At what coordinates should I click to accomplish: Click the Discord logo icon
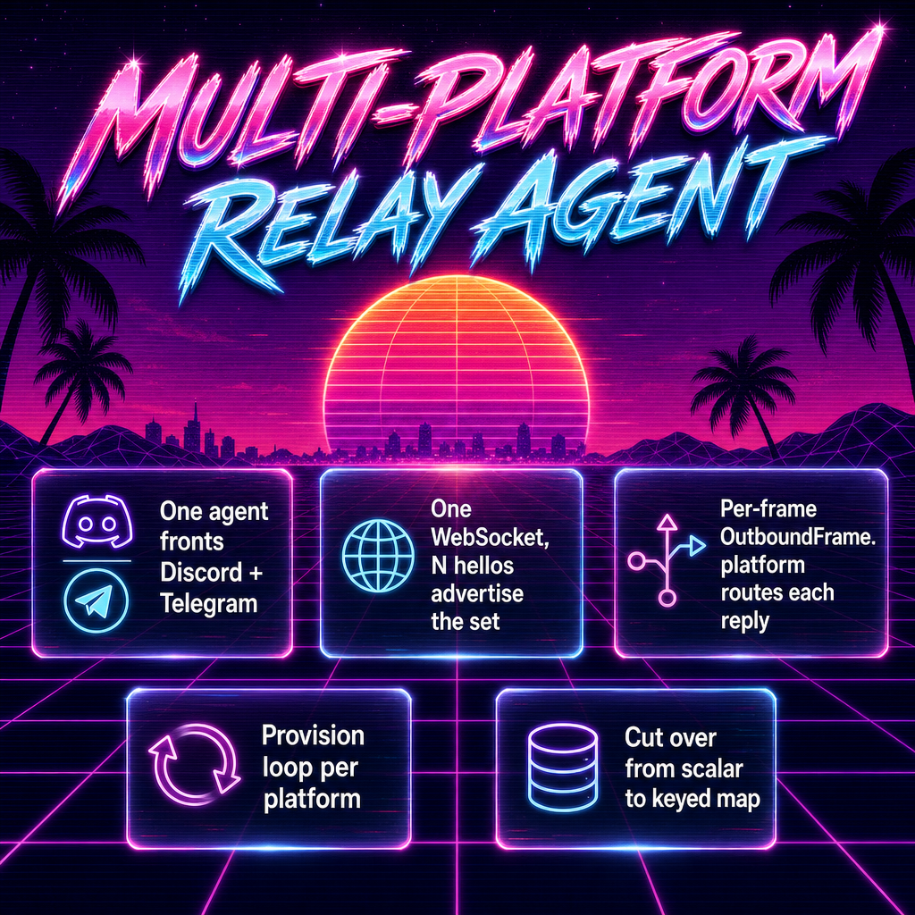pos(97,522)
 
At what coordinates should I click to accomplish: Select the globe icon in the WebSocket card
pos(378,556)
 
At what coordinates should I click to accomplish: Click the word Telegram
pos(208,603)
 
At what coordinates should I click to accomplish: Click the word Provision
pos(313,736)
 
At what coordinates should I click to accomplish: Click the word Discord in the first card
pos(201,573)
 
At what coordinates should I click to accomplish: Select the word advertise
pos(477,593)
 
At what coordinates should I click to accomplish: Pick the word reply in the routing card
pos(744,622)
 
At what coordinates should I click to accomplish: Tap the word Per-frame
pos(768,508)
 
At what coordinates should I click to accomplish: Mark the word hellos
pos(483,566)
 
